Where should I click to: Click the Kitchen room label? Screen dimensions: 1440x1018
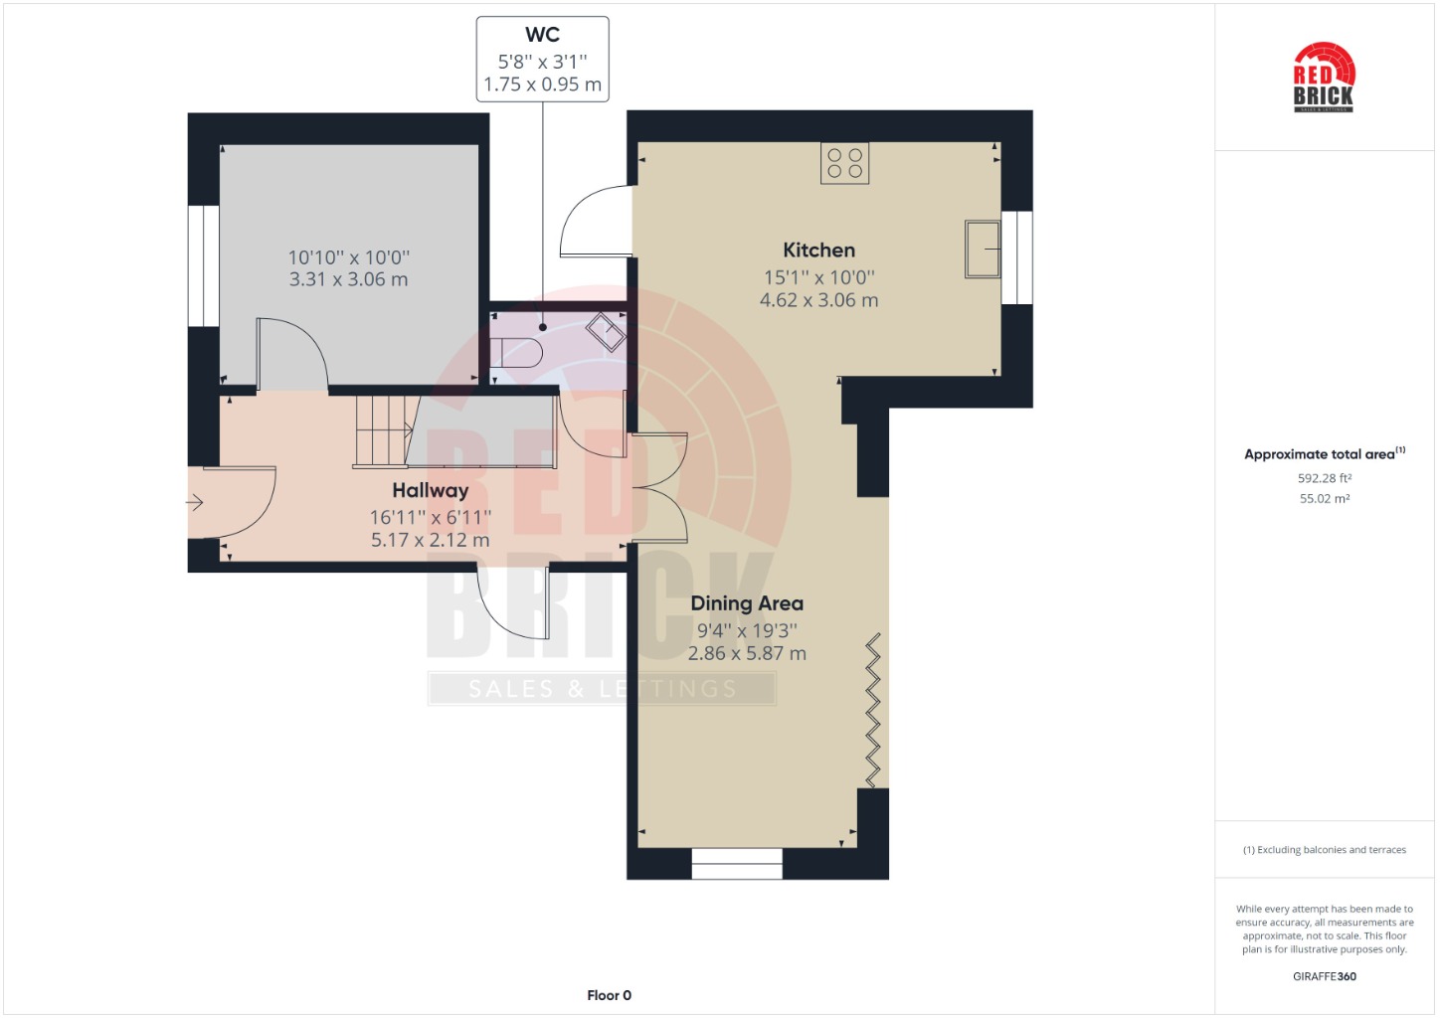818,250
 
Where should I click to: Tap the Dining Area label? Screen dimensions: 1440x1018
747,603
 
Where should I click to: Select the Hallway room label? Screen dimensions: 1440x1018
430,491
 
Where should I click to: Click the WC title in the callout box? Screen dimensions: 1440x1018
542,34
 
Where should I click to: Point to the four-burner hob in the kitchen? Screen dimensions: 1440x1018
844,163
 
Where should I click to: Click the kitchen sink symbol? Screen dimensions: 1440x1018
983,250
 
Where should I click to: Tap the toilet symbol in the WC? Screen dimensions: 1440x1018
516,352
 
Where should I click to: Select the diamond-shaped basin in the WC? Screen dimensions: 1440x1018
606,332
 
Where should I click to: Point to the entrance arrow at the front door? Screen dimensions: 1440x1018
195,502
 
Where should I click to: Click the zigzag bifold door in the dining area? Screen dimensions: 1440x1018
872,710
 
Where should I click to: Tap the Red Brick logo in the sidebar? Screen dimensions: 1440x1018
1324,78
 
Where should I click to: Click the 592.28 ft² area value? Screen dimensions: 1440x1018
1325,478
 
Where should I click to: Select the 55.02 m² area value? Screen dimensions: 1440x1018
1325,499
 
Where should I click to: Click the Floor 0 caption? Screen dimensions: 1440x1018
609,995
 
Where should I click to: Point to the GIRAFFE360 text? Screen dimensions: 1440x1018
1325,976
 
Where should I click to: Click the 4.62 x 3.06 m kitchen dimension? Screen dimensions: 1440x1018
818,300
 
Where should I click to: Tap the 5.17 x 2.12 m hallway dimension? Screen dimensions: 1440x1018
430,540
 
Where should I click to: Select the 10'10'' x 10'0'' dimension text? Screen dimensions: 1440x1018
348,257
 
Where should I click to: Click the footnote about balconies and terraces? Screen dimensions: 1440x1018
1325,850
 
